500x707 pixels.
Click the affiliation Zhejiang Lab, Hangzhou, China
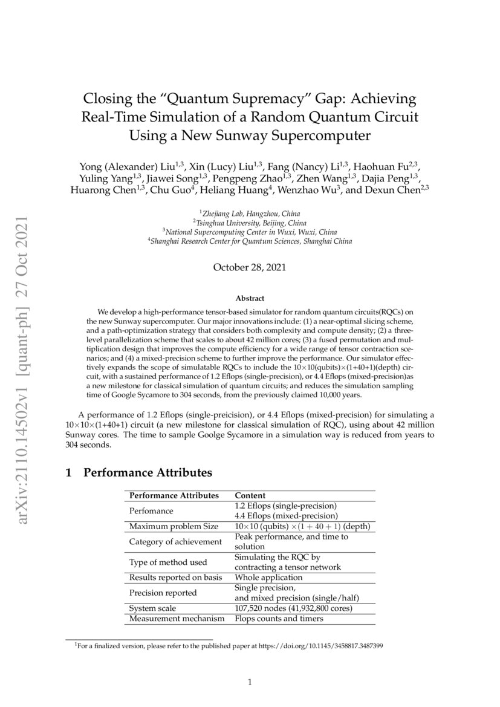click(x=250, y=213)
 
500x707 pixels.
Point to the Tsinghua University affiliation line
click(x=250, y=223)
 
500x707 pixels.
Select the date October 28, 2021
click(x=250, y=267)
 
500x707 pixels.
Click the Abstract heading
click(x=250, y=298)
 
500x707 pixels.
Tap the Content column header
click(x=250, y=495)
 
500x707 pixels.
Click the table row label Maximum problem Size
click(x=174, y=527)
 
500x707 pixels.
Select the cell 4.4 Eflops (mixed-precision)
click(x=285, y=516)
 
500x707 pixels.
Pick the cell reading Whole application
click(x=268, y=578)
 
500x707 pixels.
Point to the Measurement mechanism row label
click(x=177, y=619)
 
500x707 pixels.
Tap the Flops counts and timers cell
click(x=279, y=619)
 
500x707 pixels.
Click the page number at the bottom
click(x=250, y=683)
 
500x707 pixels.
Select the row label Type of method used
click(x=168, y=562)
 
